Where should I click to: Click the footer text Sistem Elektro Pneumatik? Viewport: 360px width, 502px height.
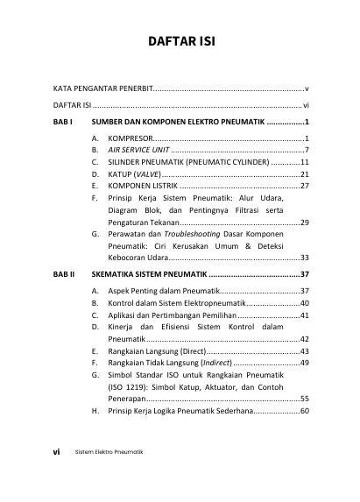[109, 453]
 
